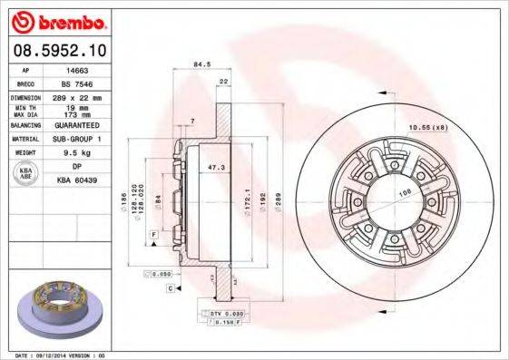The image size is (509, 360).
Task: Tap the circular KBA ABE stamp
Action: (25, 175)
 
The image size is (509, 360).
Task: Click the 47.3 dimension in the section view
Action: (216, 169)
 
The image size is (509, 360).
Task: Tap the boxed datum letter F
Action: (155, 235)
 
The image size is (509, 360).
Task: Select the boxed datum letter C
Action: (170, 287)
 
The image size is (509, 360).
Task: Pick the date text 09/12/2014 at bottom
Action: (54, 355)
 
